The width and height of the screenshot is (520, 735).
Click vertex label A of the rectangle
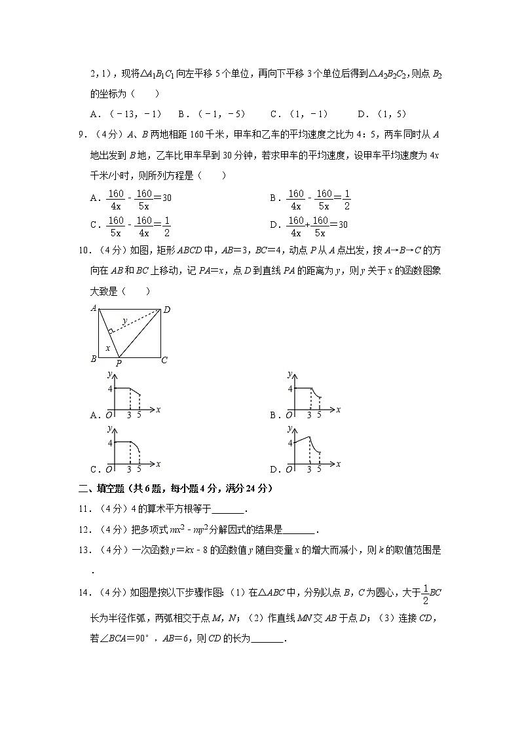pos(94,308)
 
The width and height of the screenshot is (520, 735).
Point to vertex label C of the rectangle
pos(164,359)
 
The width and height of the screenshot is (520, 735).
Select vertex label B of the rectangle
pos(94,359)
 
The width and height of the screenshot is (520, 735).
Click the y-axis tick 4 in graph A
pos(111,389)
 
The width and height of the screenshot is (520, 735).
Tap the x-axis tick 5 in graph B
pos(319,414)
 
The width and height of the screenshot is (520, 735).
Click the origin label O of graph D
pos(289,469)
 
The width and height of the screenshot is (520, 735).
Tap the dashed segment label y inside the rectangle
pos(125,320)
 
